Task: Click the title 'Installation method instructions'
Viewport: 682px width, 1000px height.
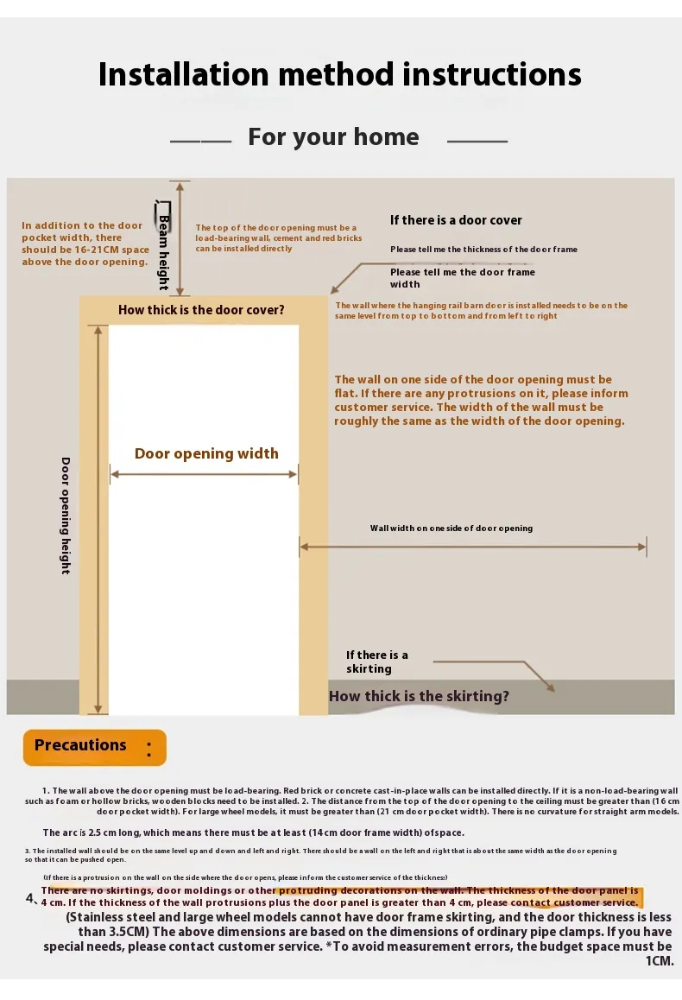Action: [340, 74]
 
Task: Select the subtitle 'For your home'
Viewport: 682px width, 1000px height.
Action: [333, 137]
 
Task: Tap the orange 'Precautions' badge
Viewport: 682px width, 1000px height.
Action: [94, 747]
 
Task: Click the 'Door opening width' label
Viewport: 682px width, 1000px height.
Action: [206, 454]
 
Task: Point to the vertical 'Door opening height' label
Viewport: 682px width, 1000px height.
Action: [66, 515]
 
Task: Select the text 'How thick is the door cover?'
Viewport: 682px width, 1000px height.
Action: [201, 310]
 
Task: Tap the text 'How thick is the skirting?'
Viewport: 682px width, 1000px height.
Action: [419, 696]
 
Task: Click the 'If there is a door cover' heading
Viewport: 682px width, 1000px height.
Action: [456, 220]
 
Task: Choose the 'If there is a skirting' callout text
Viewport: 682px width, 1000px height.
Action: [377, 661]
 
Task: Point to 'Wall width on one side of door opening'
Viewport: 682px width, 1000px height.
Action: [452, 528]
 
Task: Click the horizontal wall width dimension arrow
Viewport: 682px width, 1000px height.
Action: [473, 546]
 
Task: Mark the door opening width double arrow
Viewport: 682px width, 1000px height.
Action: [204, 473]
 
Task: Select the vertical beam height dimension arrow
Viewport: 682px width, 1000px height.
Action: [180, 238]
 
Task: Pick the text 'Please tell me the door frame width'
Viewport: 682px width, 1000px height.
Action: [462, 277]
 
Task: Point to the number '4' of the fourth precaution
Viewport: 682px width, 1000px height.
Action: [30, 898]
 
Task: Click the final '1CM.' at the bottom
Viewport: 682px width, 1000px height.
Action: [659, 960]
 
